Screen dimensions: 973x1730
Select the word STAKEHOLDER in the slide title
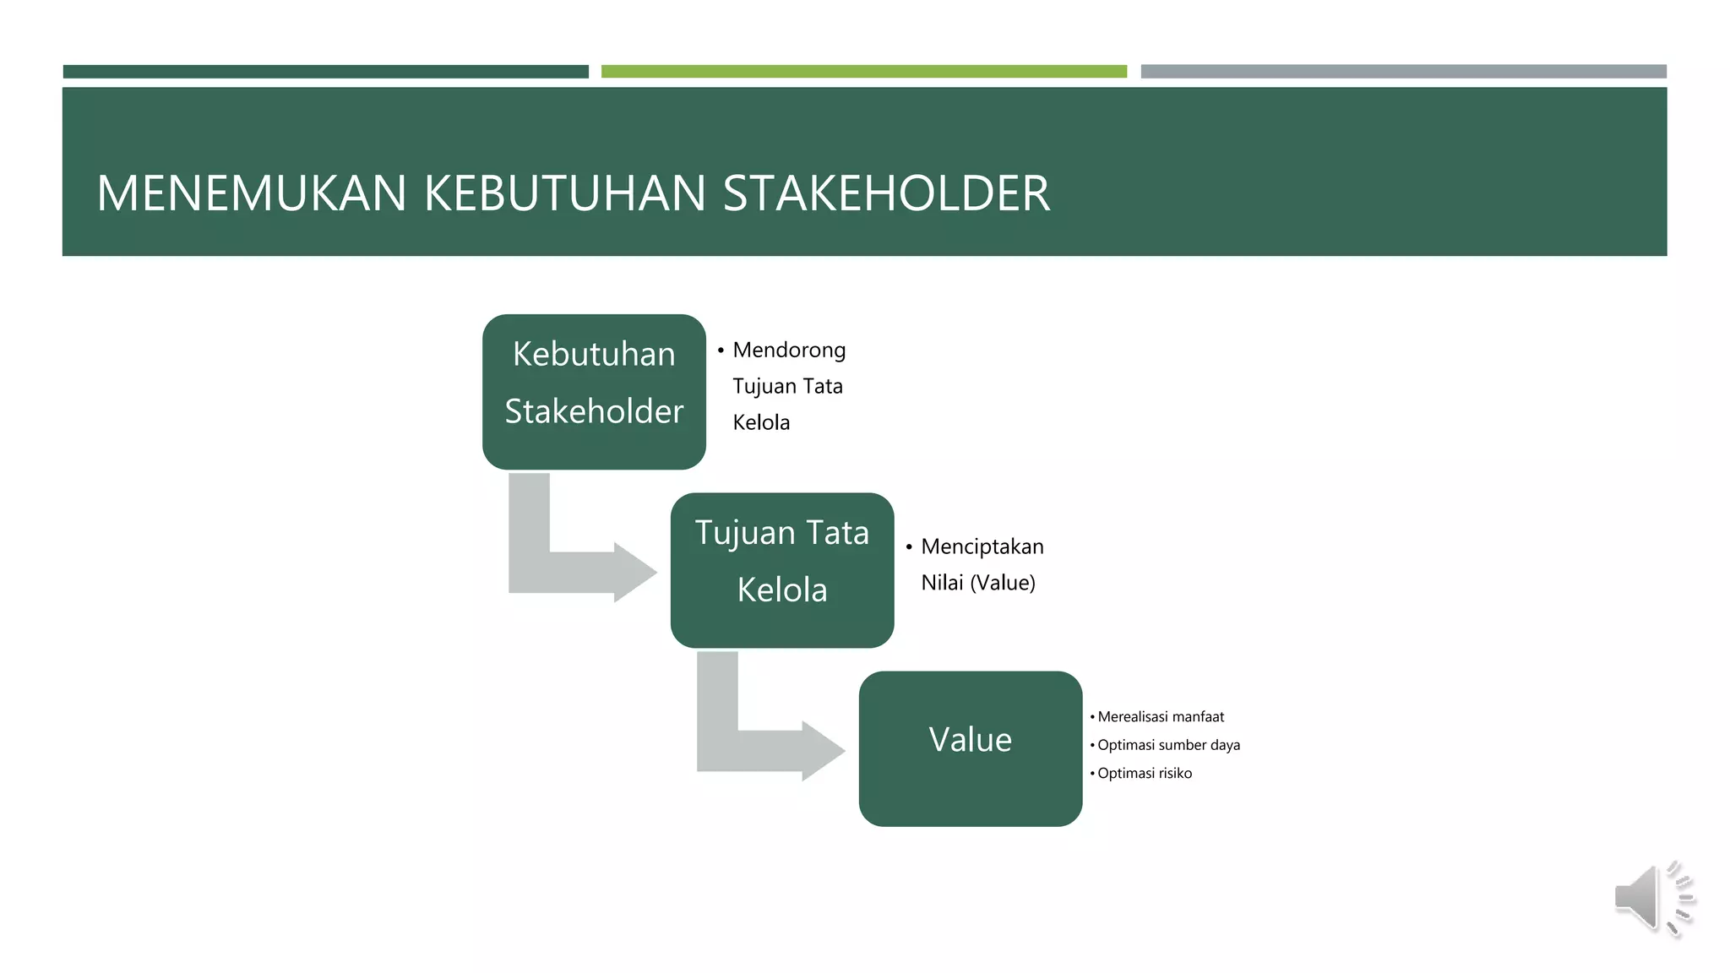(x=886, y=193)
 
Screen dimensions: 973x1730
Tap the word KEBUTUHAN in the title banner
(x=563, y=193)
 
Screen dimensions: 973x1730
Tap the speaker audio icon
(x=1651, y=899)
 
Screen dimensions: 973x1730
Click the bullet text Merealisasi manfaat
(x=1161, y=717)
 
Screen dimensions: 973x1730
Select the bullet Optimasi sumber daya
(x=1168, y=745)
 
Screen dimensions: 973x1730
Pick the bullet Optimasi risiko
(x=1145, y=774)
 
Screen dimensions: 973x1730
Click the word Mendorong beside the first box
(x=789, y=351)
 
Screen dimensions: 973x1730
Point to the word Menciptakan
(x=982, y=547)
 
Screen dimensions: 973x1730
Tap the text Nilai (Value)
(x=978, y=583)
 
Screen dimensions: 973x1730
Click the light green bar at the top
(x=863, y=72)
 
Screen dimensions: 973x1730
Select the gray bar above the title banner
(x=1403, y=72)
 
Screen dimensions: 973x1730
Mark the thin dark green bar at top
(x=325, y=72)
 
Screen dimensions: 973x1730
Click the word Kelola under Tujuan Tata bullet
(x=761, y=423)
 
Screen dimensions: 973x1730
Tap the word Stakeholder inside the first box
(x=594, y=412)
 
